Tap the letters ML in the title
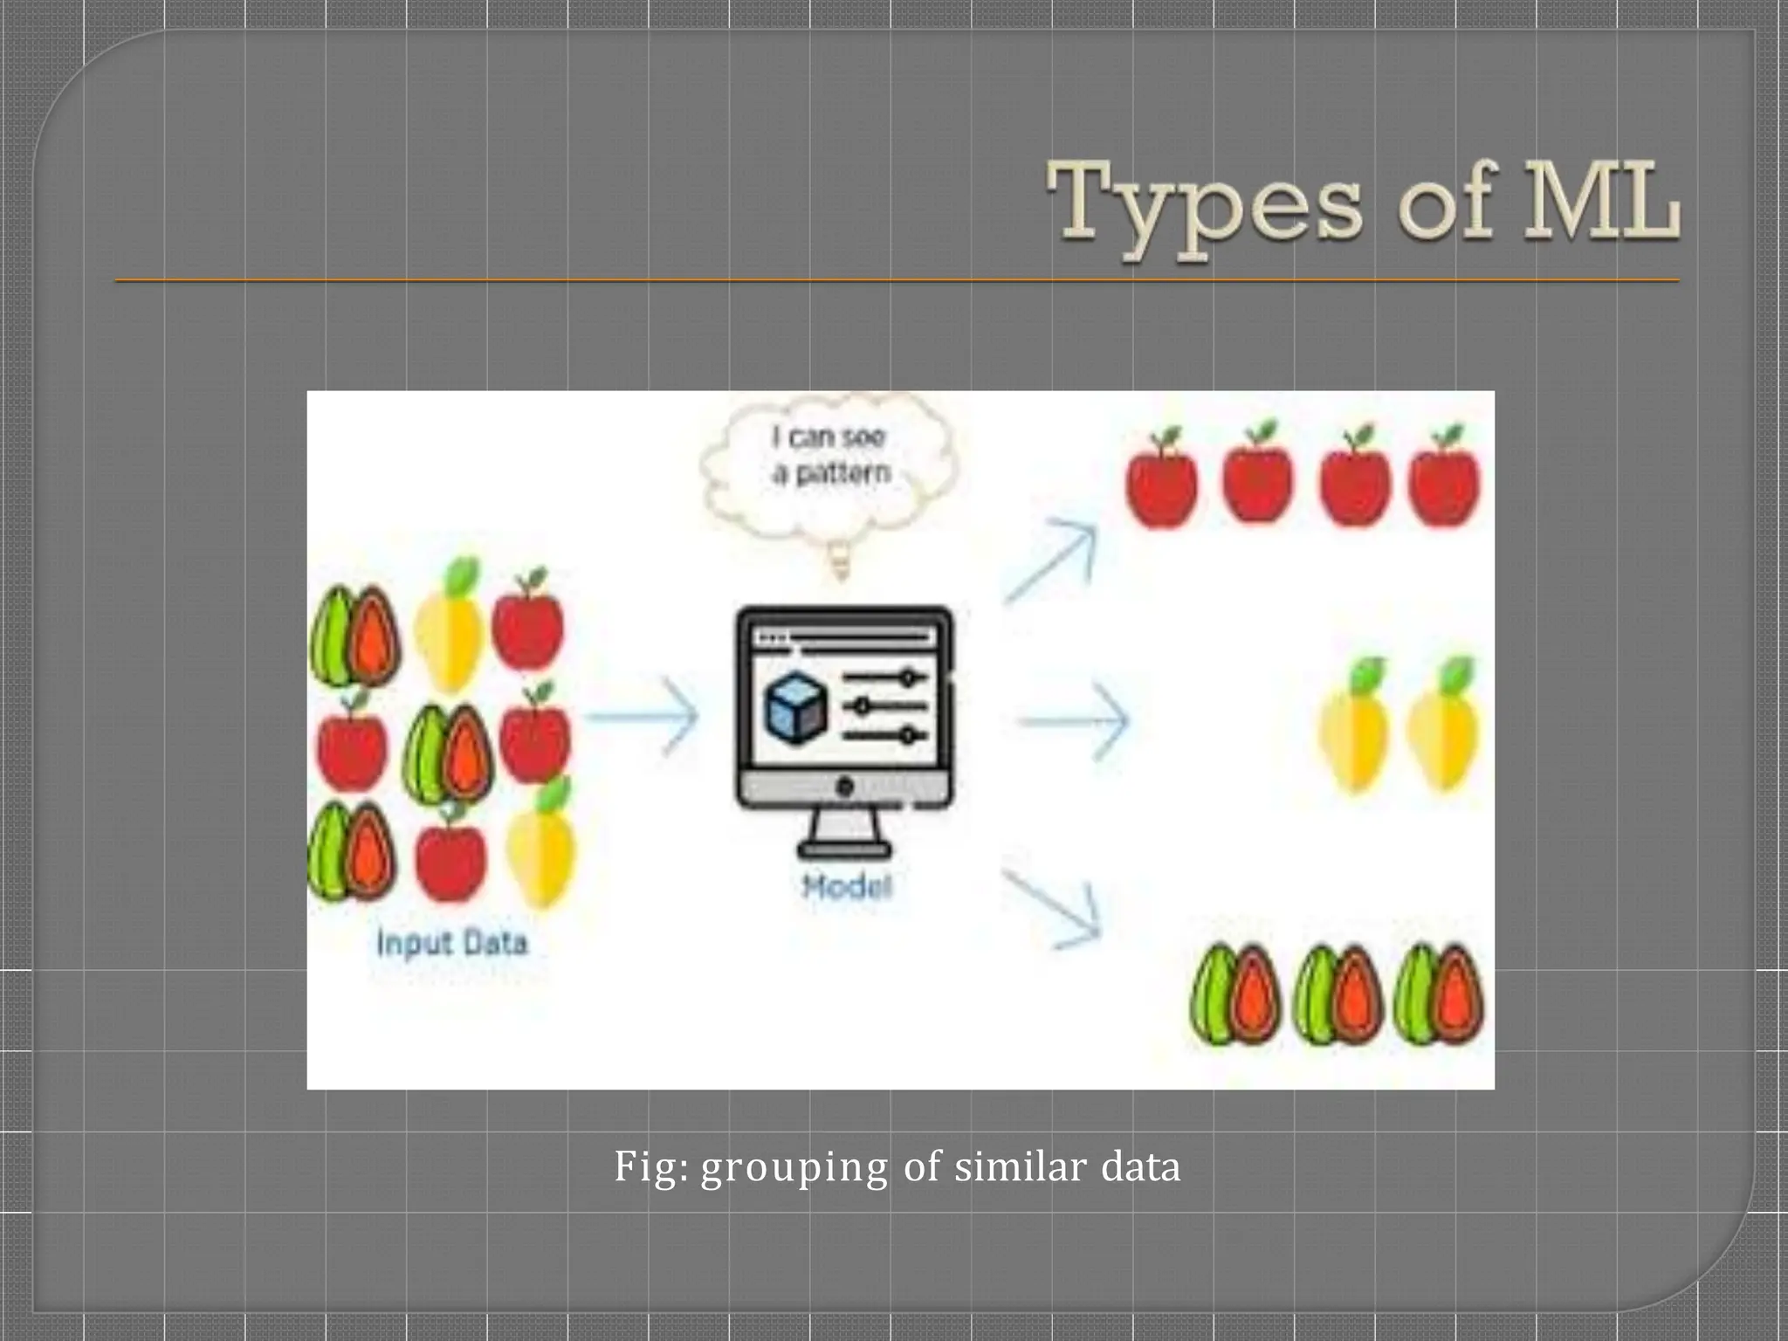point(1601,203)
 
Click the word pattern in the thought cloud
point(843,473)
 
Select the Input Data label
point(452,943)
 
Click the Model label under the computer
point(846,887)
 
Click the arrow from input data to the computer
point(642,716)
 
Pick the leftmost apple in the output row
point(1161,479)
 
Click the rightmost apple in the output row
point(1444,479)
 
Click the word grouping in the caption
point(794,1167)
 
